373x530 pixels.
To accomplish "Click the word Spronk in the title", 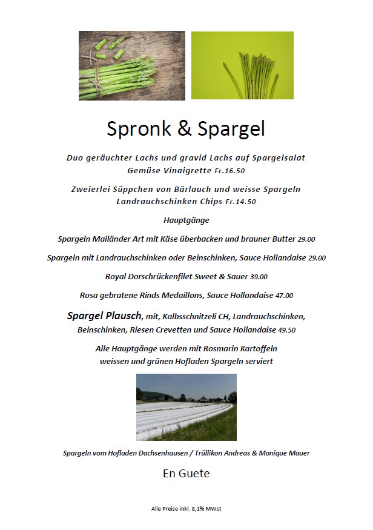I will [x=140, y=129].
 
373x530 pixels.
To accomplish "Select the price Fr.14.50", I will [x=240, y=202].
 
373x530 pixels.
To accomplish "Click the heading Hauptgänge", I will [x=186, y=220].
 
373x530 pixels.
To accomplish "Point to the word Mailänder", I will [x=116, y=239].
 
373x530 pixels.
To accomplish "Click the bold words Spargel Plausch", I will [x=104, y=316].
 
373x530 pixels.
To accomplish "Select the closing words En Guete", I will [x=186, y=474].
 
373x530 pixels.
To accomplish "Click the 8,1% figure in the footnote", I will [x=198, y=509].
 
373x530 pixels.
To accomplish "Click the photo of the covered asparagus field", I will [x=186, y=406].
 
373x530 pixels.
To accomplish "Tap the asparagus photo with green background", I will [x=242, y=65].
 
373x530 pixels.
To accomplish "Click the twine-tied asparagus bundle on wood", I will [x=115, y=79].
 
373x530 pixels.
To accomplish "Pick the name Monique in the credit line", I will [x=273, y=453].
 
